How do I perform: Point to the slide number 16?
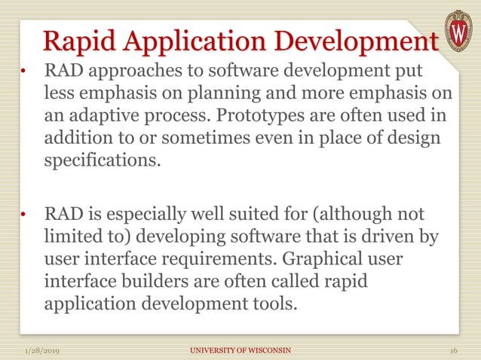[454, 350]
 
